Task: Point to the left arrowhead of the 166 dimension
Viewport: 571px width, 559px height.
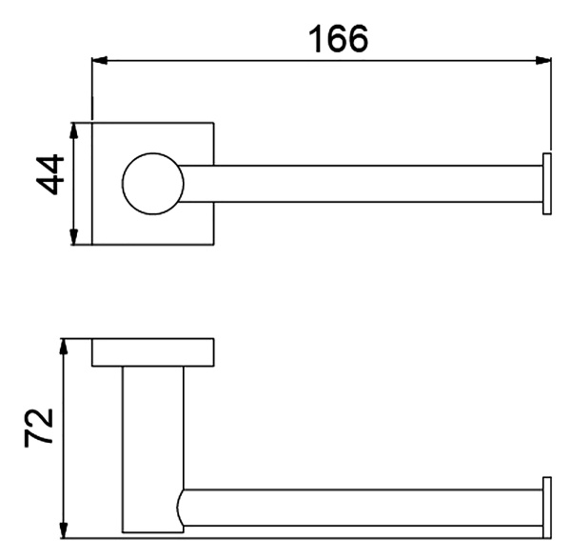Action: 98,61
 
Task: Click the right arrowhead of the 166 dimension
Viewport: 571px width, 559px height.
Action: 544,61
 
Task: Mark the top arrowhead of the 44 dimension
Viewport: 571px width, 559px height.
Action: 73,128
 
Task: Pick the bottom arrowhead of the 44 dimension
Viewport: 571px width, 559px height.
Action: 73,238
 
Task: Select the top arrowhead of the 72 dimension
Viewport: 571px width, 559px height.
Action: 63,344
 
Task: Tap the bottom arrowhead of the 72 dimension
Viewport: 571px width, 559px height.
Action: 63,530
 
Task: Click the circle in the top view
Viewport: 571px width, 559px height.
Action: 151,183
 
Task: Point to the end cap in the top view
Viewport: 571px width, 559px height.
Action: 546,183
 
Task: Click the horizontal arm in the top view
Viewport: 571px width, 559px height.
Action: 362,183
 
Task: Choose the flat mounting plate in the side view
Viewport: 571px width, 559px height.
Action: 152,352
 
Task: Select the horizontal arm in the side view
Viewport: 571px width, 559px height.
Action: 362,510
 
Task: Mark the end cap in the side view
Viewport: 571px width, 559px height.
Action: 546,507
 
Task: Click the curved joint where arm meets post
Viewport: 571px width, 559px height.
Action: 181,510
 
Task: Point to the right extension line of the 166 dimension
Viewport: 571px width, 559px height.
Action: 551,105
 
